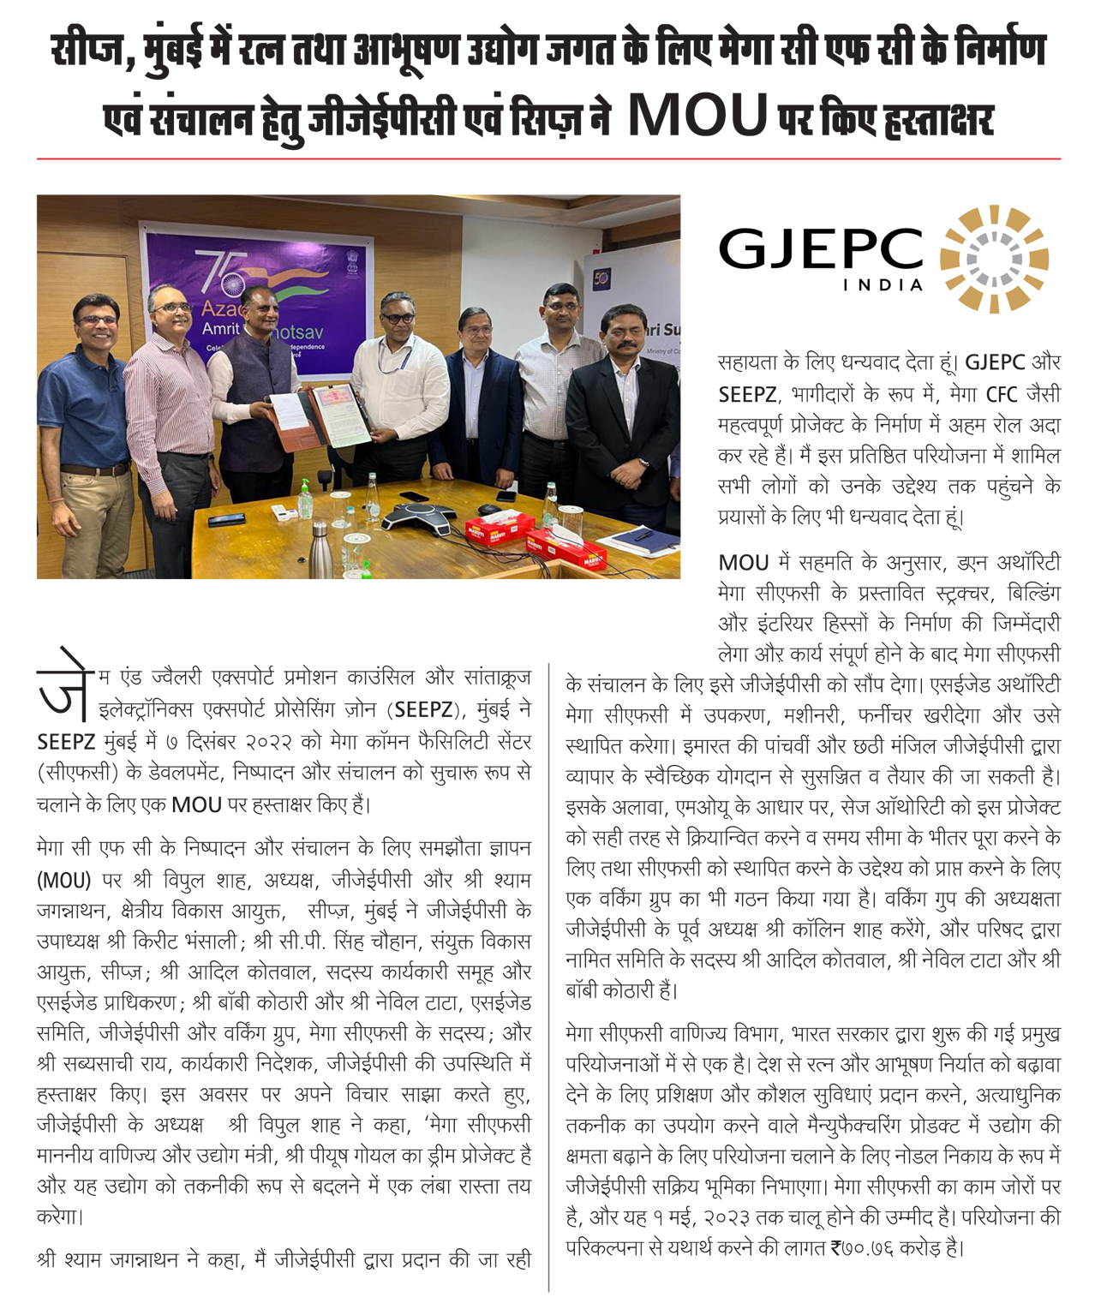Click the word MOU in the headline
[697, 117]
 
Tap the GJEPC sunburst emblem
[994, 259]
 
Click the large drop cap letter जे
[62, 691]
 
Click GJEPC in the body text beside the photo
[995, 362]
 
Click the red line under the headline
[548, 159]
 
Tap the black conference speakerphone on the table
[419, 517]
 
